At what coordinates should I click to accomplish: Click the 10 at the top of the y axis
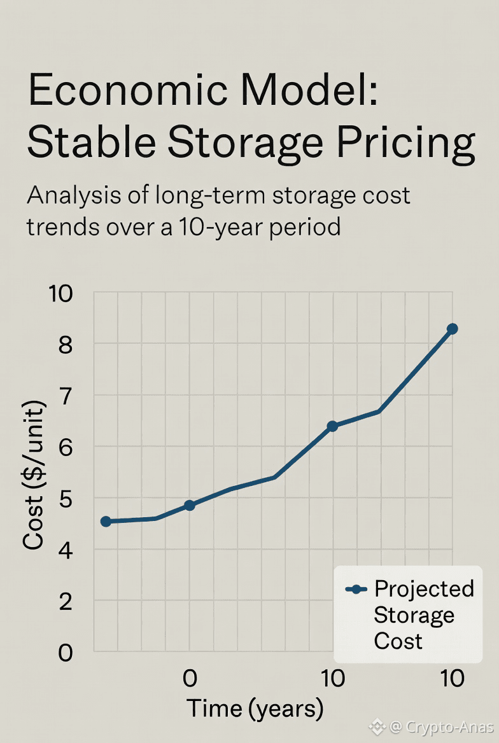click(x=62, y=294)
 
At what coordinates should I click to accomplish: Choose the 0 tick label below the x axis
click(x=189, y=679)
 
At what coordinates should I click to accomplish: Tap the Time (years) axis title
click(x=255, y=708)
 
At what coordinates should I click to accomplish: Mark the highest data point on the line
click(x=452, y=329)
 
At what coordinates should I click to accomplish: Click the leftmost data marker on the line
click(x=106, y=522)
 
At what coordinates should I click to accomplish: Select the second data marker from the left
click(x=189, y=505)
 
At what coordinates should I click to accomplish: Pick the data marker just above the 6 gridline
click(x=332, y=426)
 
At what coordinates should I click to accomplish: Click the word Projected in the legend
click(x=424, y=589)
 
